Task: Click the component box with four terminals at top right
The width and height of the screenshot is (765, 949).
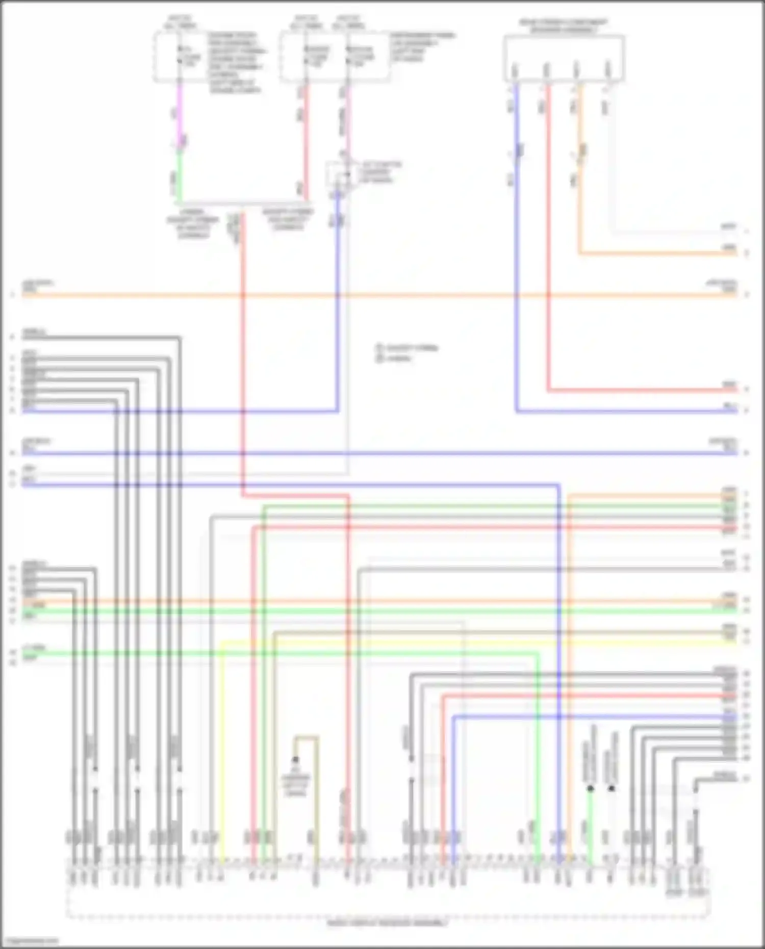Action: [564, 59]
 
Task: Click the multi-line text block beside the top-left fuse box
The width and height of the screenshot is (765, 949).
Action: [236, 63]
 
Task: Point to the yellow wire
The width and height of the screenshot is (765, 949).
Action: [221, 739]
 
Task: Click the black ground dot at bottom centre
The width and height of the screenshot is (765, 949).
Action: [295, 760]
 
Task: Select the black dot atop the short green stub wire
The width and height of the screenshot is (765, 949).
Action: [590, 788]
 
